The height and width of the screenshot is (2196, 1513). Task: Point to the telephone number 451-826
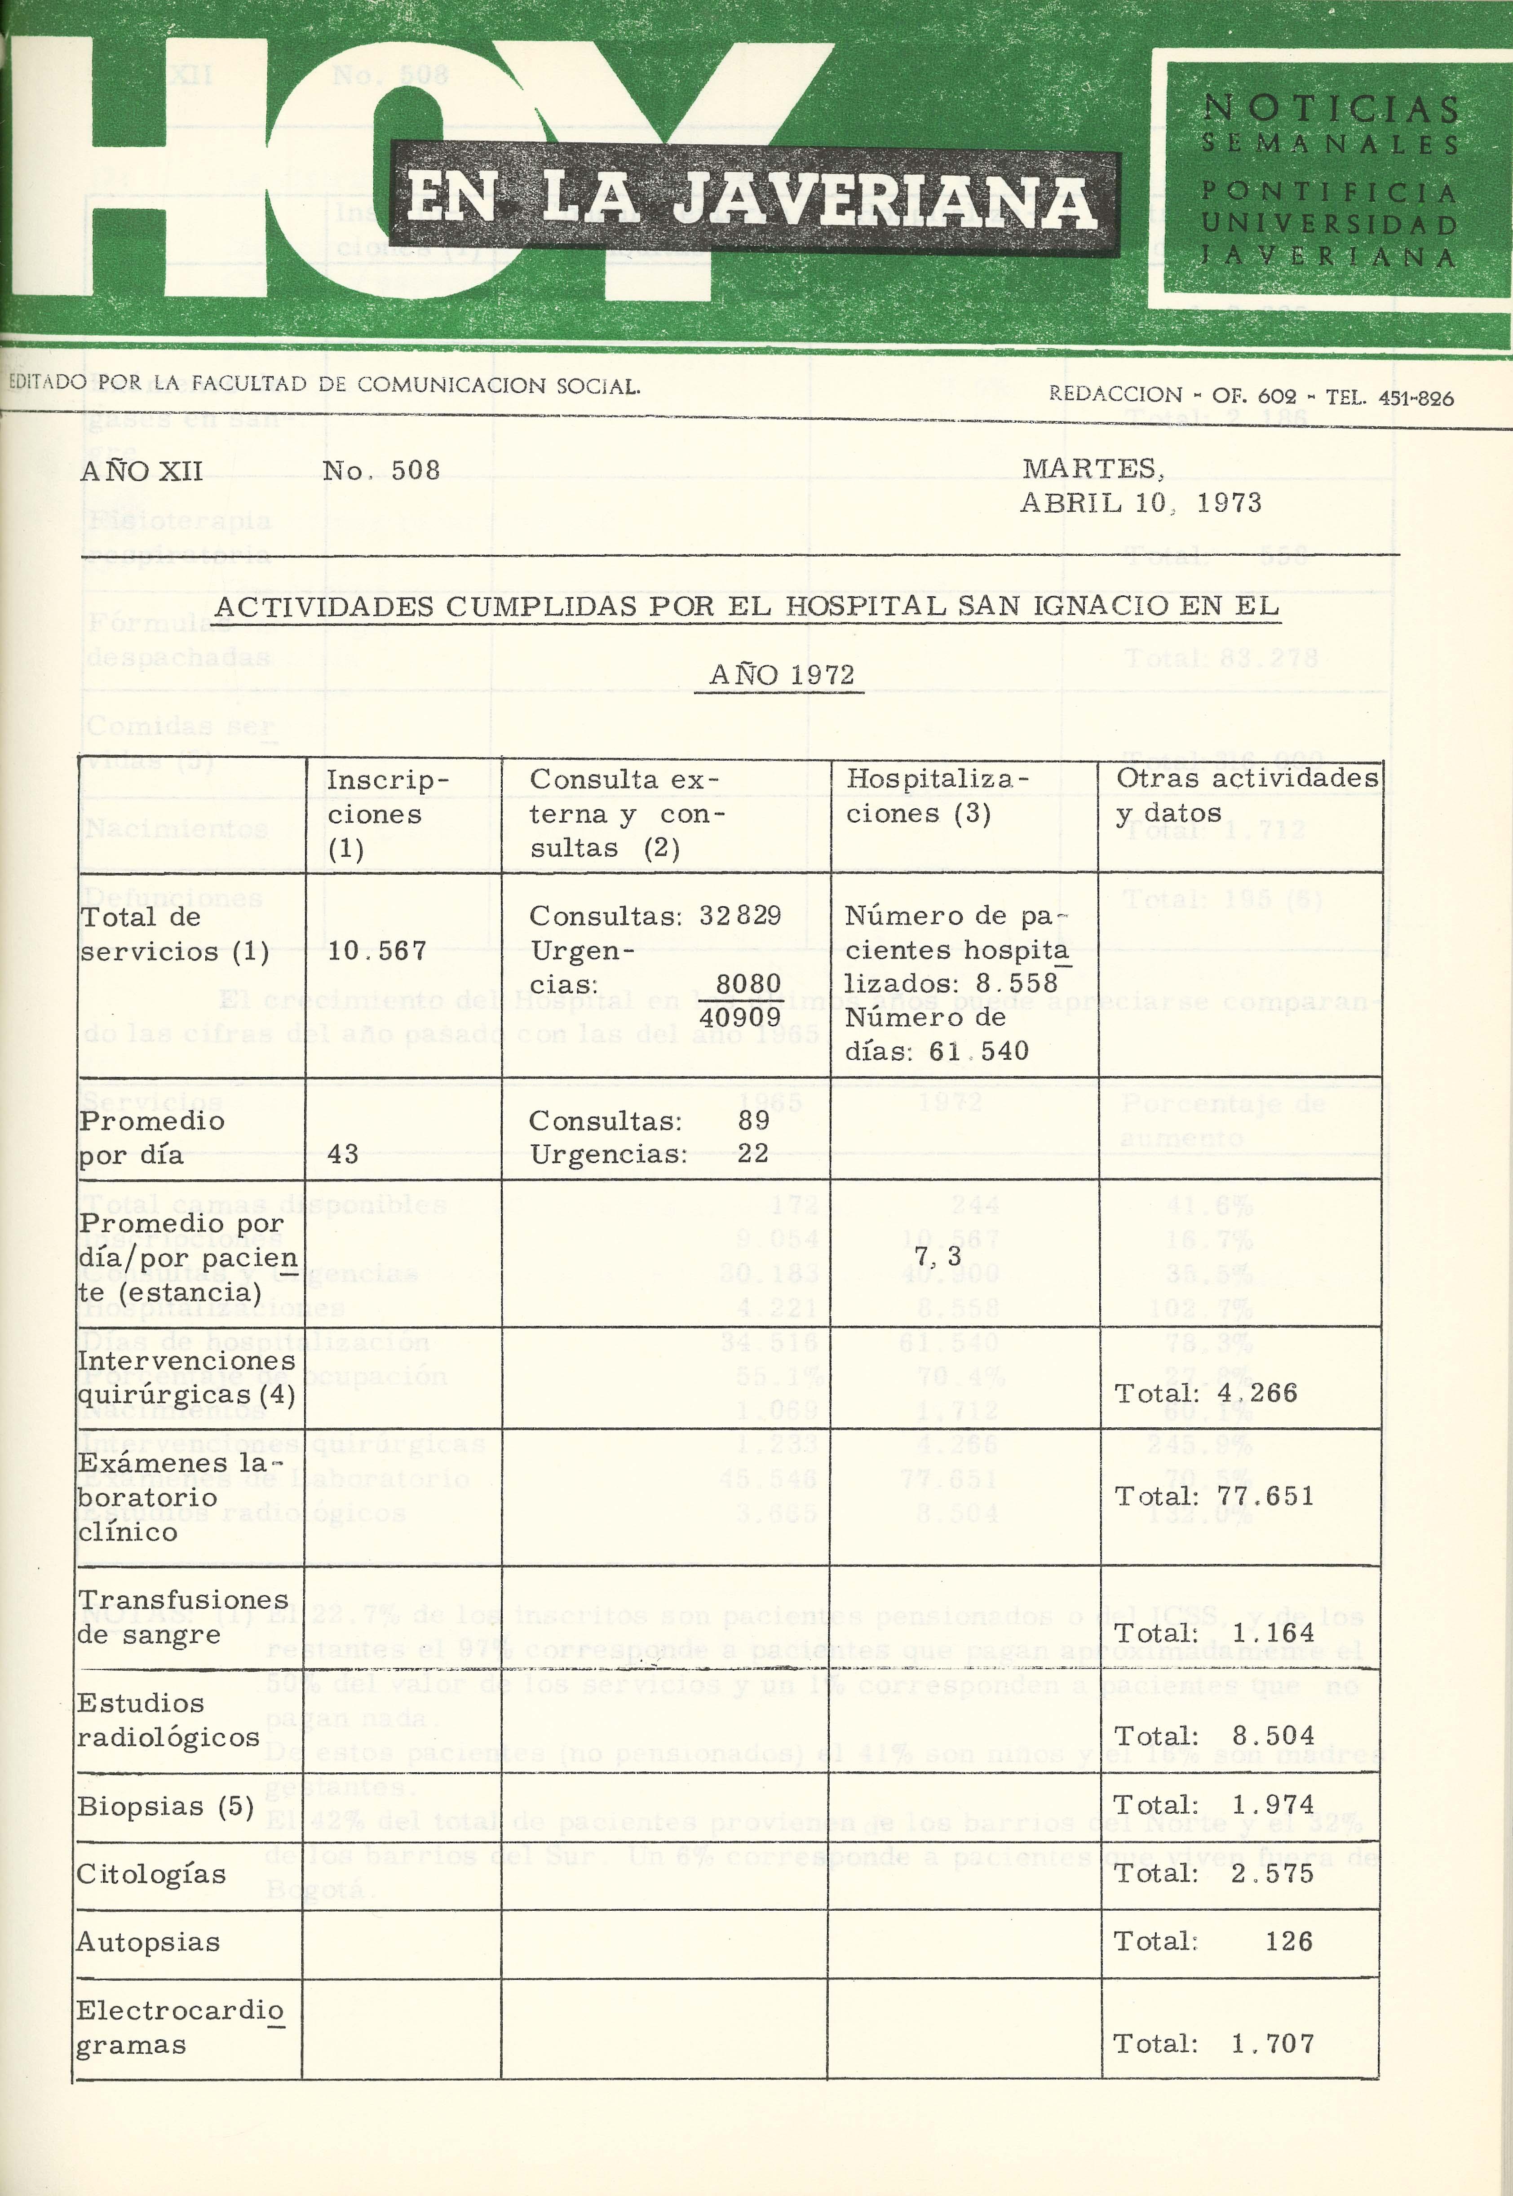click(1416, 398)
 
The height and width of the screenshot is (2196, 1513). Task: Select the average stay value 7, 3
click(938, 1257)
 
